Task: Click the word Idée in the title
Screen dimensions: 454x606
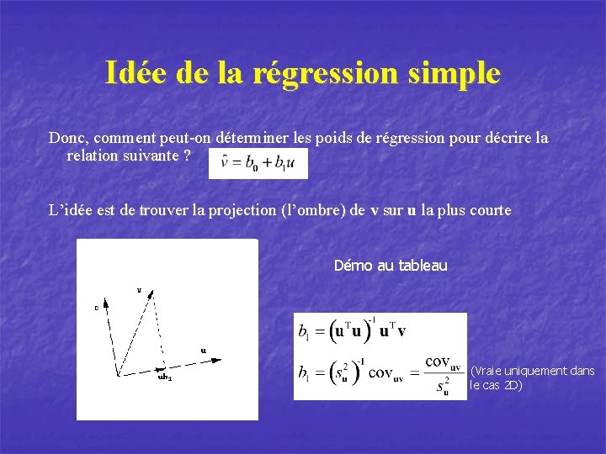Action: [137, 73]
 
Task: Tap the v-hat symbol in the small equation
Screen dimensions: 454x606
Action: [225, 163]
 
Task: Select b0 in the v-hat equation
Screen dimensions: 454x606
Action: [250, 164]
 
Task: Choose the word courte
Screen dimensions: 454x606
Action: [486, 210]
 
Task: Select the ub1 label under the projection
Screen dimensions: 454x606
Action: [164, 377]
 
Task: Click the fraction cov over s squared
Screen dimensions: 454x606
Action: [443, 373]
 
